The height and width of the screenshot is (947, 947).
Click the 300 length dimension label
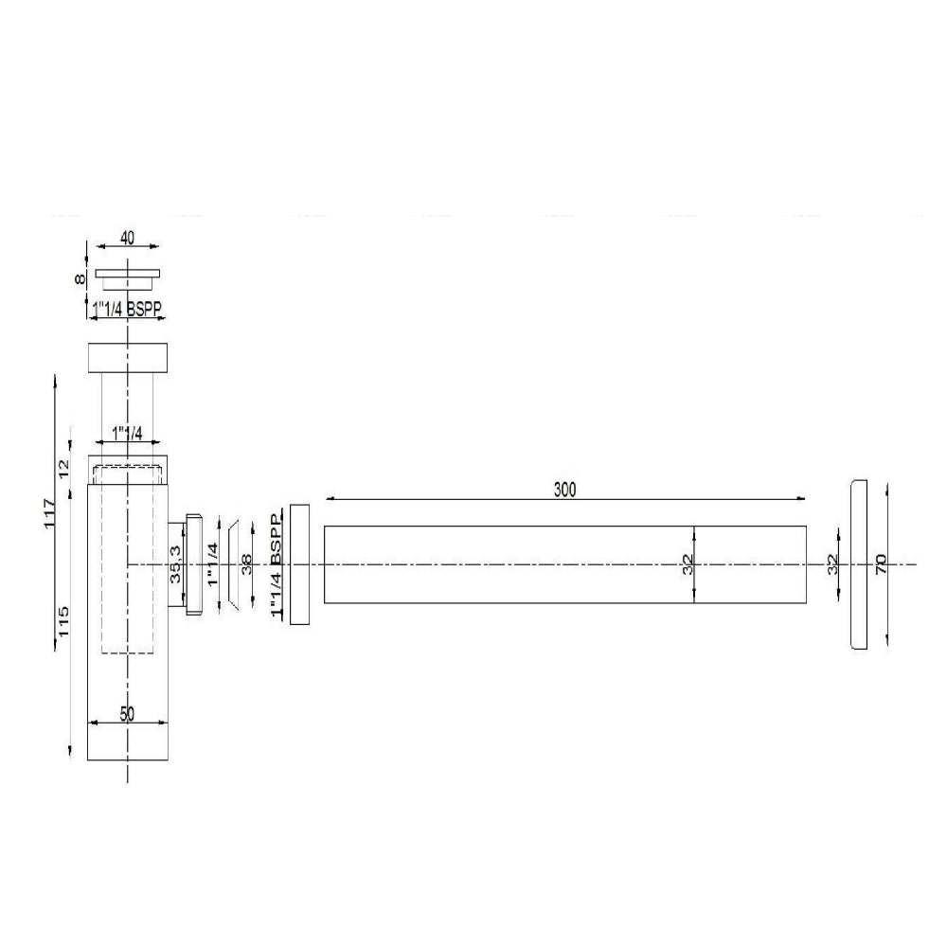click(x=565, y=490)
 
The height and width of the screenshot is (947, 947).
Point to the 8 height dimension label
click(x=81, y=279)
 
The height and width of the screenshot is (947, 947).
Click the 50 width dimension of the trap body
click(x=127, y=714)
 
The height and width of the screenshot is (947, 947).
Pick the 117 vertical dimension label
click(x=51, y=514)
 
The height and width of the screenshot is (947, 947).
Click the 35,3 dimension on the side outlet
click(x=176, y=565)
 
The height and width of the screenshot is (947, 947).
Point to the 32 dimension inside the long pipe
click(x=688, y=564)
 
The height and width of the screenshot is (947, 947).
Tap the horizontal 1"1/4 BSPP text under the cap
click(x=127, y=307)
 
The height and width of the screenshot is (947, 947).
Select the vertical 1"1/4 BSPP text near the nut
click(x=277, y=565)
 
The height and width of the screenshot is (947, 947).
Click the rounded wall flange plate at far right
click(x=858, y=564)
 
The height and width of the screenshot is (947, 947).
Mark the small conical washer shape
click(x=231, y=565)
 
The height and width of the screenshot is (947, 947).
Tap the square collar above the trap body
click(x=127, y=358)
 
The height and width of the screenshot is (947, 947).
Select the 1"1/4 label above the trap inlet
click(x=127, y=433)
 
